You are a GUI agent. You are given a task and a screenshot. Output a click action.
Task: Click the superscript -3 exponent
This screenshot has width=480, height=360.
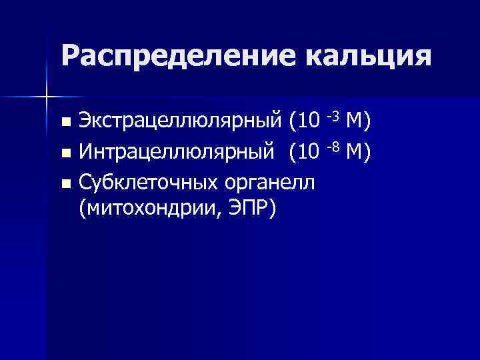point(334,116)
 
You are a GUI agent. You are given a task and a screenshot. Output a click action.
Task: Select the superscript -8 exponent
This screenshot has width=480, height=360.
point(334,147)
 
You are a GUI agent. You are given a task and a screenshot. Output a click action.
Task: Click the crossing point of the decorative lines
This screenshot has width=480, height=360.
point(46,97)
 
